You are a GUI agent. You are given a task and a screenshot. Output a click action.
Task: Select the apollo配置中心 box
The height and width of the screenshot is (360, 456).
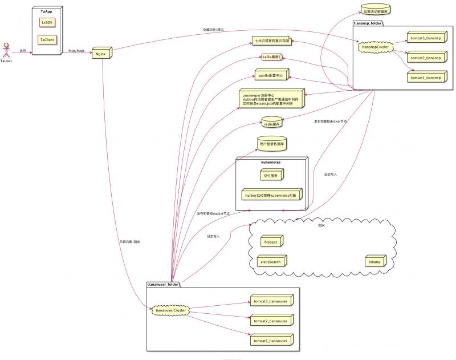coord(271,75)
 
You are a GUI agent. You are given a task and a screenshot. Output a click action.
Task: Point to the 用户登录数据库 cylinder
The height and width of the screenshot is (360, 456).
coord(271,145)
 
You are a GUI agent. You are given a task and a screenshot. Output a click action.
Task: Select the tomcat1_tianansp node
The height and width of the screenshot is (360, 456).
coord(425,76)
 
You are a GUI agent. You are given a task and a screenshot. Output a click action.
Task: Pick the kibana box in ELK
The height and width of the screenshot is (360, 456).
coord(374,261)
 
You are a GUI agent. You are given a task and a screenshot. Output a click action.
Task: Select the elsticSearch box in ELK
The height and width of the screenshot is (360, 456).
coord(272,261)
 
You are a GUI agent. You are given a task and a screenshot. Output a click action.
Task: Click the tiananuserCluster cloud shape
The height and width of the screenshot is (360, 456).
coord(172,310)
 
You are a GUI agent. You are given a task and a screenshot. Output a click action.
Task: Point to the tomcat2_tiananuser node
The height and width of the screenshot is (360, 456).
coord(272,321)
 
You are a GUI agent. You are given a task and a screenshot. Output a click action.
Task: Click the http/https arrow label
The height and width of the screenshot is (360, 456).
coord(76,51)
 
